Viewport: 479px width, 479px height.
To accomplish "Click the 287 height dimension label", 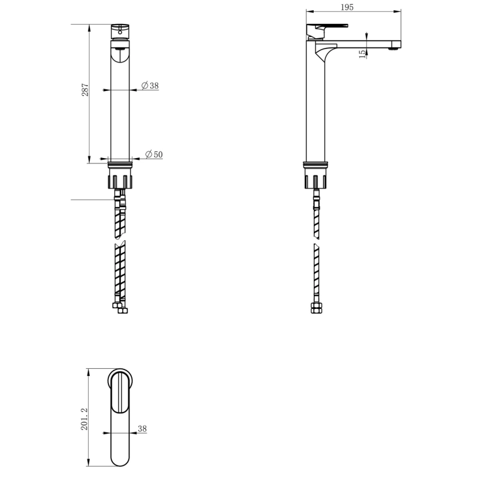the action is pos(85,90).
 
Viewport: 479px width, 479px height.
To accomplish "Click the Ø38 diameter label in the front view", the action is pos(150,86).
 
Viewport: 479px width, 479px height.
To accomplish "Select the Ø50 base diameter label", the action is pos(154,154).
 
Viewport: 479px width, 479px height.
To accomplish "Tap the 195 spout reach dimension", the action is pos(347,7).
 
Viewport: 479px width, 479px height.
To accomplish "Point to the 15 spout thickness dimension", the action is pos(362,54).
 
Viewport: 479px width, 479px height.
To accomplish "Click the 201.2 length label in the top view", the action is pos(84,419).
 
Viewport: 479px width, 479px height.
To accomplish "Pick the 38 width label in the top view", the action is pos(143,429).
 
